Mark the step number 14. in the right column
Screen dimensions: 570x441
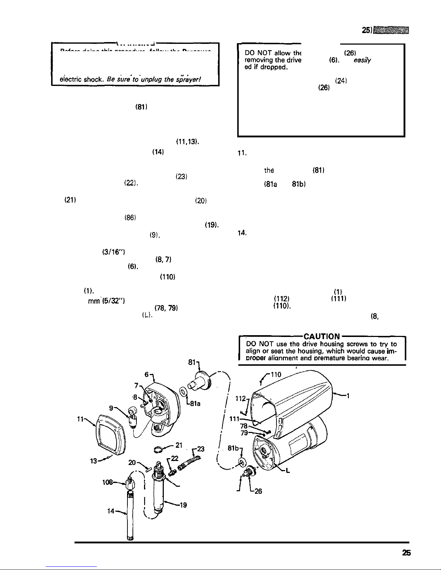click(x=241, y=233)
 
